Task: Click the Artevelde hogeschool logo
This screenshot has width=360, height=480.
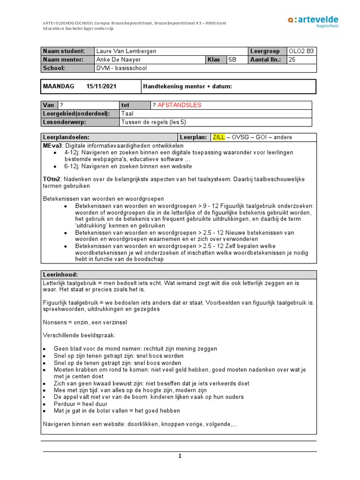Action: click(x=313, y=22)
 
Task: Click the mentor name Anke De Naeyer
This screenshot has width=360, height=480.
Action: click(x=118, y=60)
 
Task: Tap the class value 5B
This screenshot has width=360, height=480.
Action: click(x=232, y=60)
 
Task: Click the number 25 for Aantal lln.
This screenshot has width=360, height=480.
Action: click(x=292, y=60)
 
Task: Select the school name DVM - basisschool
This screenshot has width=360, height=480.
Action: click(x=121, y=68)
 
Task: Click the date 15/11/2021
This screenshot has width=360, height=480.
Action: click(x=101, y=86)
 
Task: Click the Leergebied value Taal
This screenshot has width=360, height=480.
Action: click(x=127, y=113)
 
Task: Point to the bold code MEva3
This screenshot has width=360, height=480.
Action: click(x=52, y=145)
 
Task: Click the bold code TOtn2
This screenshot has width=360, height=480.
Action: click(x=52, y=179)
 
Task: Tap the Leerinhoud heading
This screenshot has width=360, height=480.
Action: click(x=60, y=275)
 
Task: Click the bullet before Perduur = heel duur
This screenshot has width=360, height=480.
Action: click(x=45, y=404)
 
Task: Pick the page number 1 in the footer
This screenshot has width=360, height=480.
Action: click(x=180, y=457)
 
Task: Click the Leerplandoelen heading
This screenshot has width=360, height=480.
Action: click(x=66, y=137)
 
